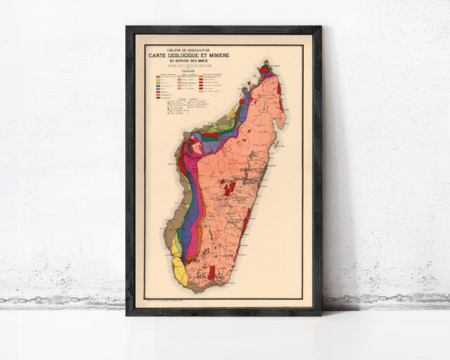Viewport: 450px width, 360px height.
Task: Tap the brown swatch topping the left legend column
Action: click(x=157, y=77)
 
